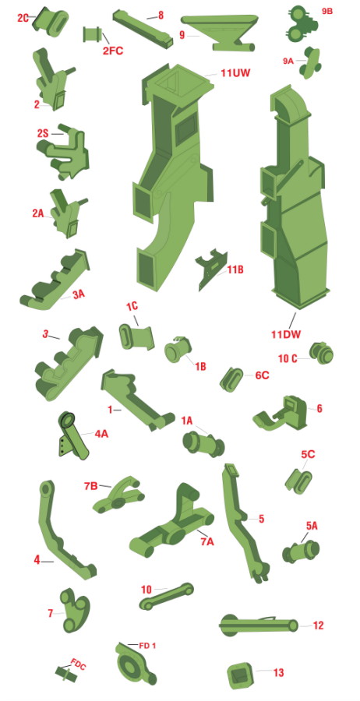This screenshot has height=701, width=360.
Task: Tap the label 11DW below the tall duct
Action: (286, 334)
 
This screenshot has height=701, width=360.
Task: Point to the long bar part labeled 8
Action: (143, 29)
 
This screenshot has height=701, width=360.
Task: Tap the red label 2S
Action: (44, 134)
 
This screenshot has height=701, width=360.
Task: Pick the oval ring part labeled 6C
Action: (232, 379)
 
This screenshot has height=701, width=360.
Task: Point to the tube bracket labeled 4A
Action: (73, 436)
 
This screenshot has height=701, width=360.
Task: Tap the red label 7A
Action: (207, 542)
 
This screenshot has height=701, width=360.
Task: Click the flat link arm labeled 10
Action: (167, 597)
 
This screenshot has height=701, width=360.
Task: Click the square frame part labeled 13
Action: (242, 675)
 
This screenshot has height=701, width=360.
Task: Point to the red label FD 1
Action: (147, 646)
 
